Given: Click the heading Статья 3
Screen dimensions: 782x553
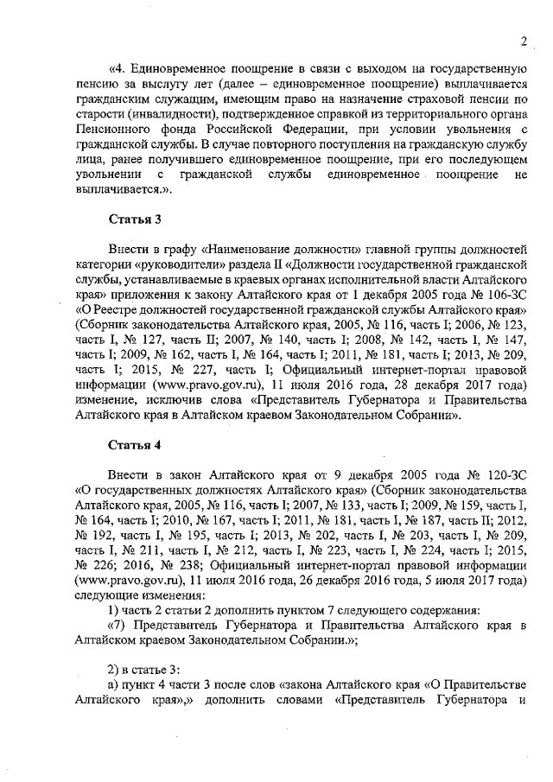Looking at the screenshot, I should pyautogui.click(x=134, y=219).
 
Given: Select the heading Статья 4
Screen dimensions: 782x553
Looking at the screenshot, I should pyautogui.click(x=134, y=445).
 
